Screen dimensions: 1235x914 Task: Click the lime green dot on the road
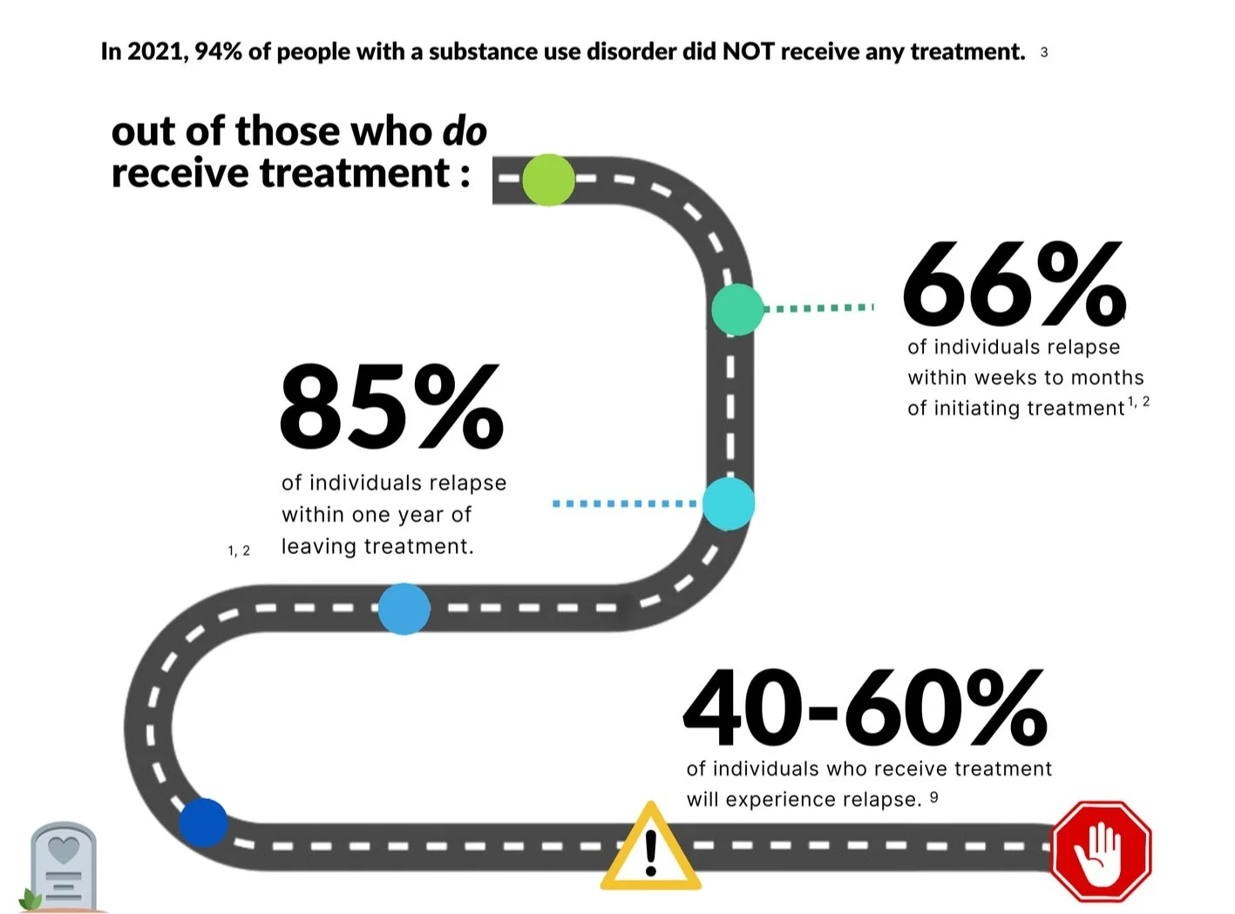548,179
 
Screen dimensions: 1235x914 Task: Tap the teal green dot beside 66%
737,309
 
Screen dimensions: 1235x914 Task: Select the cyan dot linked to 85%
728,504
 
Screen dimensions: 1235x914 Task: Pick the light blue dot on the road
404,608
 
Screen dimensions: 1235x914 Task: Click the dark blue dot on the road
203,823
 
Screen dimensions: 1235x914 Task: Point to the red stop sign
1101,850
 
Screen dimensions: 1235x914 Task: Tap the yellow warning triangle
650,849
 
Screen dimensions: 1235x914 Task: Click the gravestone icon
63,866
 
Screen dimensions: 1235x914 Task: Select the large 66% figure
1014,284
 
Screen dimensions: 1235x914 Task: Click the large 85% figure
391,407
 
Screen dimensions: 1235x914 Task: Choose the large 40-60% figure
865,708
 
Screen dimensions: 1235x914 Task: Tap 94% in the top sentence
218,52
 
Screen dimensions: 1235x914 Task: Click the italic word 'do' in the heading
465,132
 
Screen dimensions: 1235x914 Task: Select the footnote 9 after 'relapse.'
933,796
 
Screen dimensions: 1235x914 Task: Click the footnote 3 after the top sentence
1043,53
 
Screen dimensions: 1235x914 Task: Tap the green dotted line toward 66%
819,308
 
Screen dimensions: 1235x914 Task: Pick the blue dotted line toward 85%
625,504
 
